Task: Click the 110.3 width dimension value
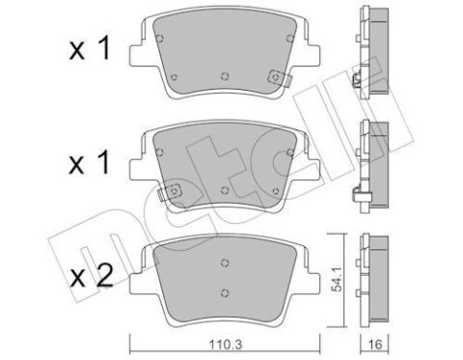click(x=225, y=346)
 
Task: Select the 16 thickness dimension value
click(x=374, y=346)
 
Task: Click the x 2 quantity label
click(x=92, y=276)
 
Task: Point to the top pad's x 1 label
click(x=90, y=48)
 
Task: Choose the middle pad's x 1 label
click(x=90, y=164)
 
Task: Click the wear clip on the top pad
click(x=279, y=78)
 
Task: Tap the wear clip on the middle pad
click(x=170, y=192)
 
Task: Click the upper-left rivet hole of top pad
click(x=159, y=39)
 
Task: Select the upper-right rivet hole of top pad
click(x=290, y=39)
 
